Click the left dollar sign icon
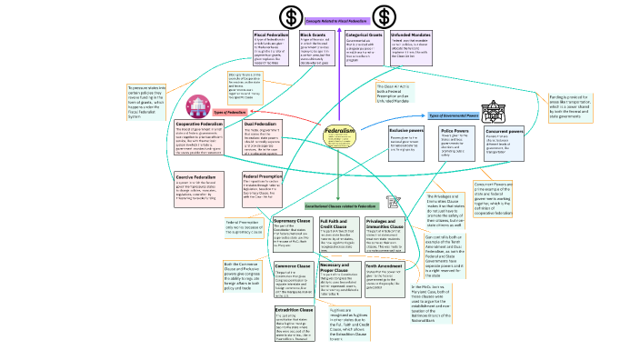click(x=291, y=16)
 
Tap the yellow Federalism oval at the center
click(x=338, y=137)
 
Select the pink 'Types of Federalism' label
click(x=230, y=112)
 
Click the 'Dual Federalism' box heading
click(x=261, y=124)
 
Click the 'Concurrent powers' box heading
click(x=504, y=132)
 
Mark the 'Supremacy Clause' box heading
click(x=293, y=220)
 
